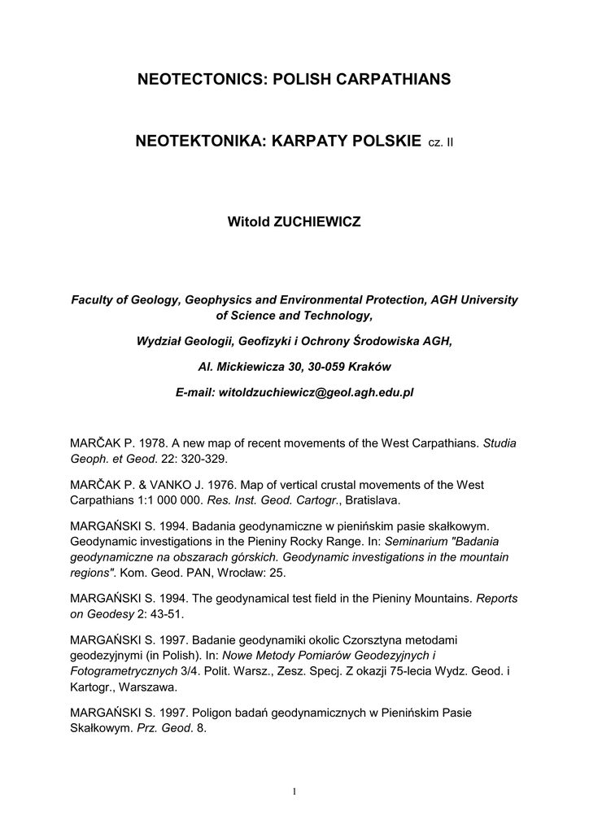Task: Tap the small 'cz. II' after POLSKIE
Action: pyautogui.click(x=440, y=143)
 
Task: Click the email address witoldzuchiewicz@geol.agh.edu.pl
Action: pyautogui.click(x=315, y=392)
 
